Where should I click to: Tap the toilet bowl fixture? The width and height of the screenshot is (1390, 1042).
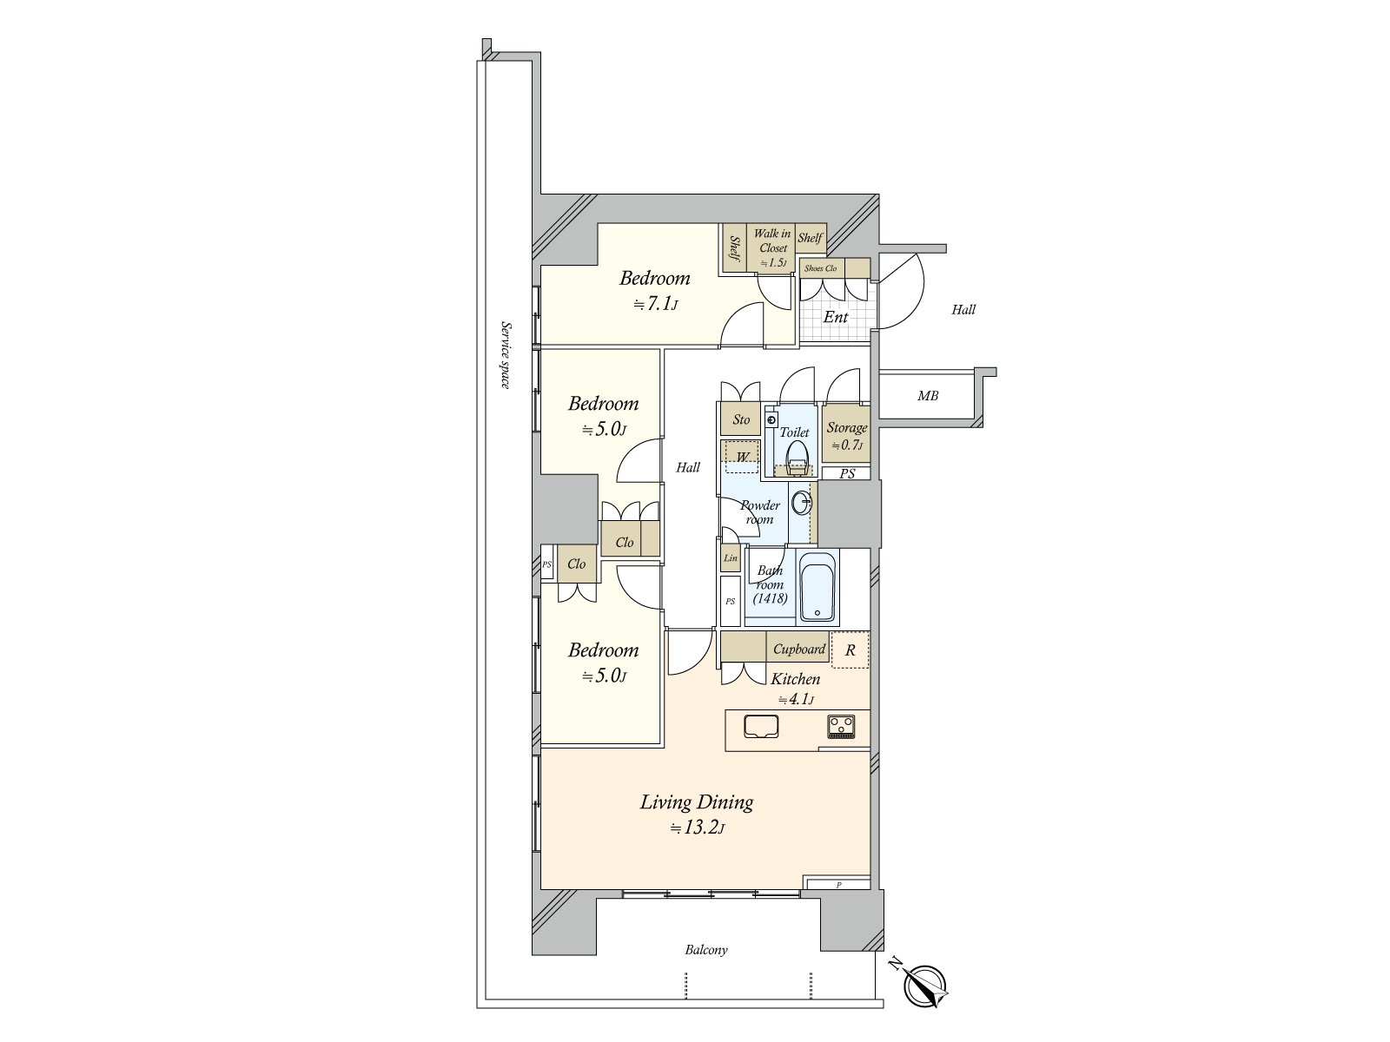pyautogui.click(x=796, y=455)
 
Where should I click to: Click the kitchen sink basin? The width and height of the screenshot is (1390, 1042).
pyautogui.click(x=761, y=726)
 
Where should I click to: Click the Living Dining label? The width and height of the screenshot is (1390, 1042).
pyautogui.click(x=696, y=801)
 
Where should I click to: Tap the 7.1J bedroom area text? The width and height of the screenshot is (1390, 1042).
pyautogui.click(x=655, y=305)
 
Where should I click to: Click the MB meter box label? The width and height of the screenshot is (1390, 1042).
pyautogui.click(x=928, y=396)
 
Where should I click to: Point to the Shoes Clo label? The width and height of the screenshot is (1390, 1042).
pyautogui.click(x=820, y=268)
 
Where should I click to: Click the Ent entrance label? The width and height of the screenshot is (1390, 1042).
pyautogui.click(x=835, y=317)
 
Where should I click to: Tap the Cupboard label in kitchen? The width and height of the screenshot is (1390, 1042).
pyautogui.click(x=798, y=649)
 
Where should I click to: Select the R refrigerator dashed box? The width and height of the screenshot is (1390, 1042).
pyautogui.click(x=850, y=650)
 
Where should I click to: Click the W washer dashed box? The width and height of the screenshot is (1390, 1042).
pyautogui.click(x=742, y=457)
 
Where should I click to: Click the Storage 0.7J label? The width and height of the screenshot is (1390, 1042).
pyautogui.click(x=846, y=435)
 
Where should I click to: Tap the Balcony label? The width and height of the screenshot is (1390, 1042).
pyautogui.click(x=705, y=950)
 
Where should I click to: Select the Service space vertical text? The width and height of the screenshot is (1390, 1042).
pyautogui.click(x=504, y=354)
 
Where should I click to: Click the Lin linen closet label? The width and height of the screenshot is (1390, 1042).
pyautogui.click(x=730, y=558)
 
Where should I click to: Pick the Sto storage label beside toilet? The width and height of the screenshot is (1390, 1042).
pyautogui.click(x=741, y=419)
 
